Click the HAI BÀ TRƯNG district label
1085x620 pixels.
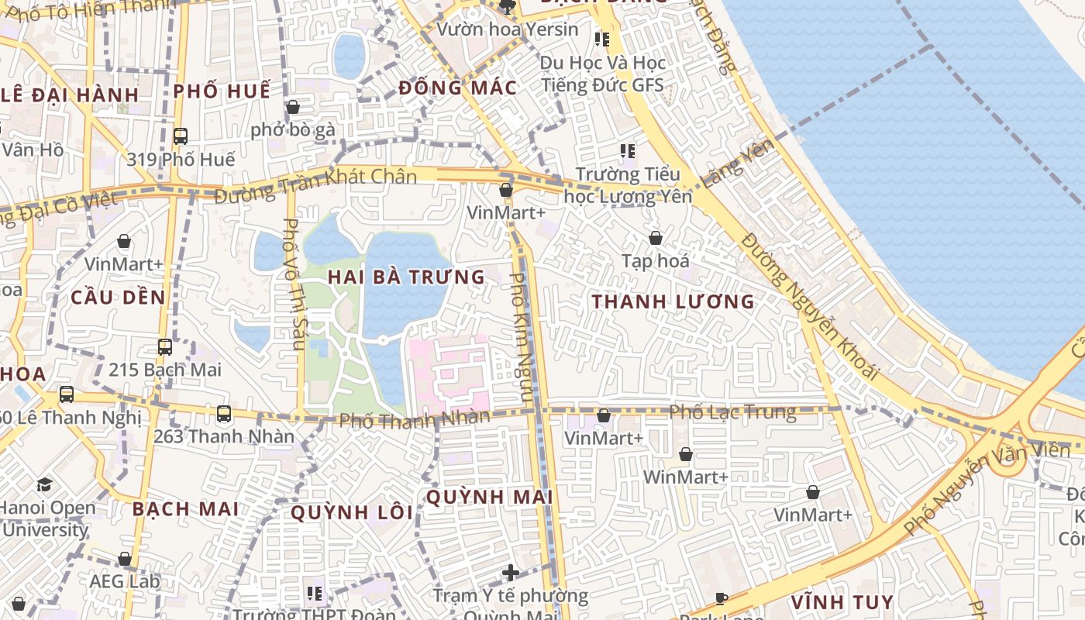[x=406, y=277]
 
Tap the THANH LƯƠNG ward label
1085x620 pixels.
[x=673, y=301]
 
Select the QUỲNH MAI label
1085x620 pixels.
[x=489, y=497]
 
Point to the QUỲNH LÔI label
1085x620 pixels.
[x=352, y=512]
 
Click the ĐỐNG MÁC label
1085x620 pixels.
[x=457, y=88]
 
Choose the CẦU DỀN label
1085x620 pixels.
[x=118, y=298]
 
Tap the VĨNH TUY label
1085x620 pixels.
[x=842, y=602]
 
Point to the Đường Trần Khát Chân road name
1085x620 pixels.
[x=315, y=185]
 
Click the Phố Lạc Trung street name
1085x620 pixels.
[x=732, y=412]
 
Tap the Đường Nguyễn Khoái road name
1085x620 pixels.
[x=810, y=306]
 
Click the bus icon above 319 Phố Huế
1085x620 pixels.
[x=181, y=136]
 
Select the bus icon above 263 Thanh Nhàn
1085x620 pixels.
[x=224, y=414]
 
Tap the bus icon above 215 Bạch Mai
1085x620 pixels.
[x=165, y=347]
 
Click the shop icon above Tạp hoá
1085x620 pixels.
[x=656, y=238]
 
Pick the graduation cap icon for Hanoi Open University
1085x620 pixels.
[x=44, y=485]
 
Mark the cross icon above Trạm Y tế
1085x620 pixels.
[x=510, y=573]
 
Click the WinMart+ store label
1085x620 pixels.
[x=685, y=477]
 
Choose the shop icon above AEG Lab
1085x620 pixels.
[x=125, y=559]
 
